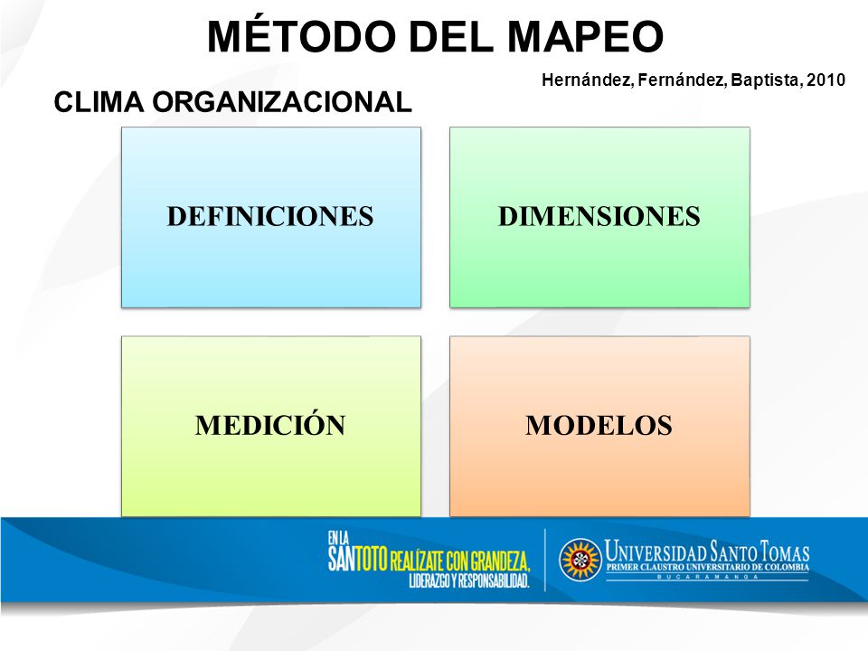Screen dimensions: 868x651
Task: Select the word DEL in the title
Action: click(x=455, y=36)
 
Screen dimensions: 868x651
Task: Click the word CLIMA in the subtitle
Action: click(x=99, y=102)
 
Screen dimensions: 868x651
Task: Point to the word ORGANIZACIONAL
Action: click(x=282, y=102)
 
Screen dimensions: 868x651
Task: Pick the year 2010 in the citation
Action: click(x=826, y=80)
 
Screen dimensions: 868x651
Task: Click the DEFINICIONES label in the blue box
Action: click(x=270, y=216)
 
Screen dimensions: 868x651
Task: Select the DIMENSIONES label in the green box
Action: click(x=599, y=216)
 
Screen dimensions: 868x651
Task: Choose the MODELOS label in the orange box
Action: click(x=599, y=425)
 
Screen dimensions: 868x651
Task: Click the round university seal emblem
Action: click(x=580, y=560)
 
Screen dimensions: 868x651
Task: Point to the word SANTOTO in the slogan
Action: click(x=358, y=559)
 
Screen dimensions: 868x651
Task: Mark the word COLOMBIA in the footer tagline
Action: click(x=787, y=568)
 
